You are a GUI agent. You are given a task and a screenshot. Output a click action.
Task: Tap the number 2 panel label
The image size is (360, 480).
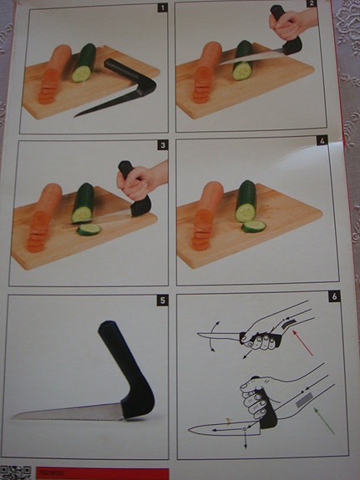pyautogui.click(x=311, y=4)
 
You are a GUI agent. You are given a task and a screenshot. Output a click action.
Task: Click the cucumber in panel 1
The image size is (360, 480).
pyautogui.click(x=84, y=63)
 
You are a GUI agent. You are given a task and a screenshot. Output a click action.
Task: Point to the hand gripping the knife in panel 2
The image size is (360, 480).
pyautogui.click(x=291, y=25)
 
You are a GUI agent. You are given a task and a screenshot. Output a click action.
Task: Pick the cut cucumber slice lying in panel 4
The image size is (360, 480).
pyautogui.click(x=254, y=225)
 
